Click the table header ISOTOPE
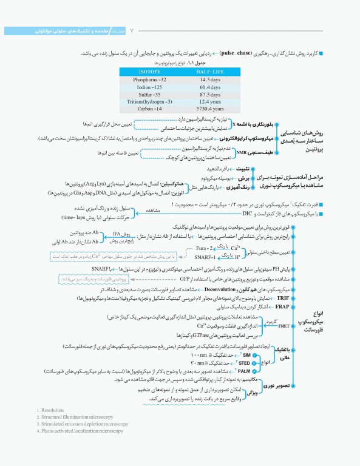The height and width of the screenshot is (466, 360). [x=150, y=71]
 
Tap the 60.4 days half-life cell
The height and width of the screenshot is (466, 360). [x=209, y=87]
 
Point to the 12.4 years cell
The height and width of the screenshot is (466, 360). [x=209, y=101]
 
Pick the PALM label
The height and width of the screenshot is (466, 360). [x=261, y=370]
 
